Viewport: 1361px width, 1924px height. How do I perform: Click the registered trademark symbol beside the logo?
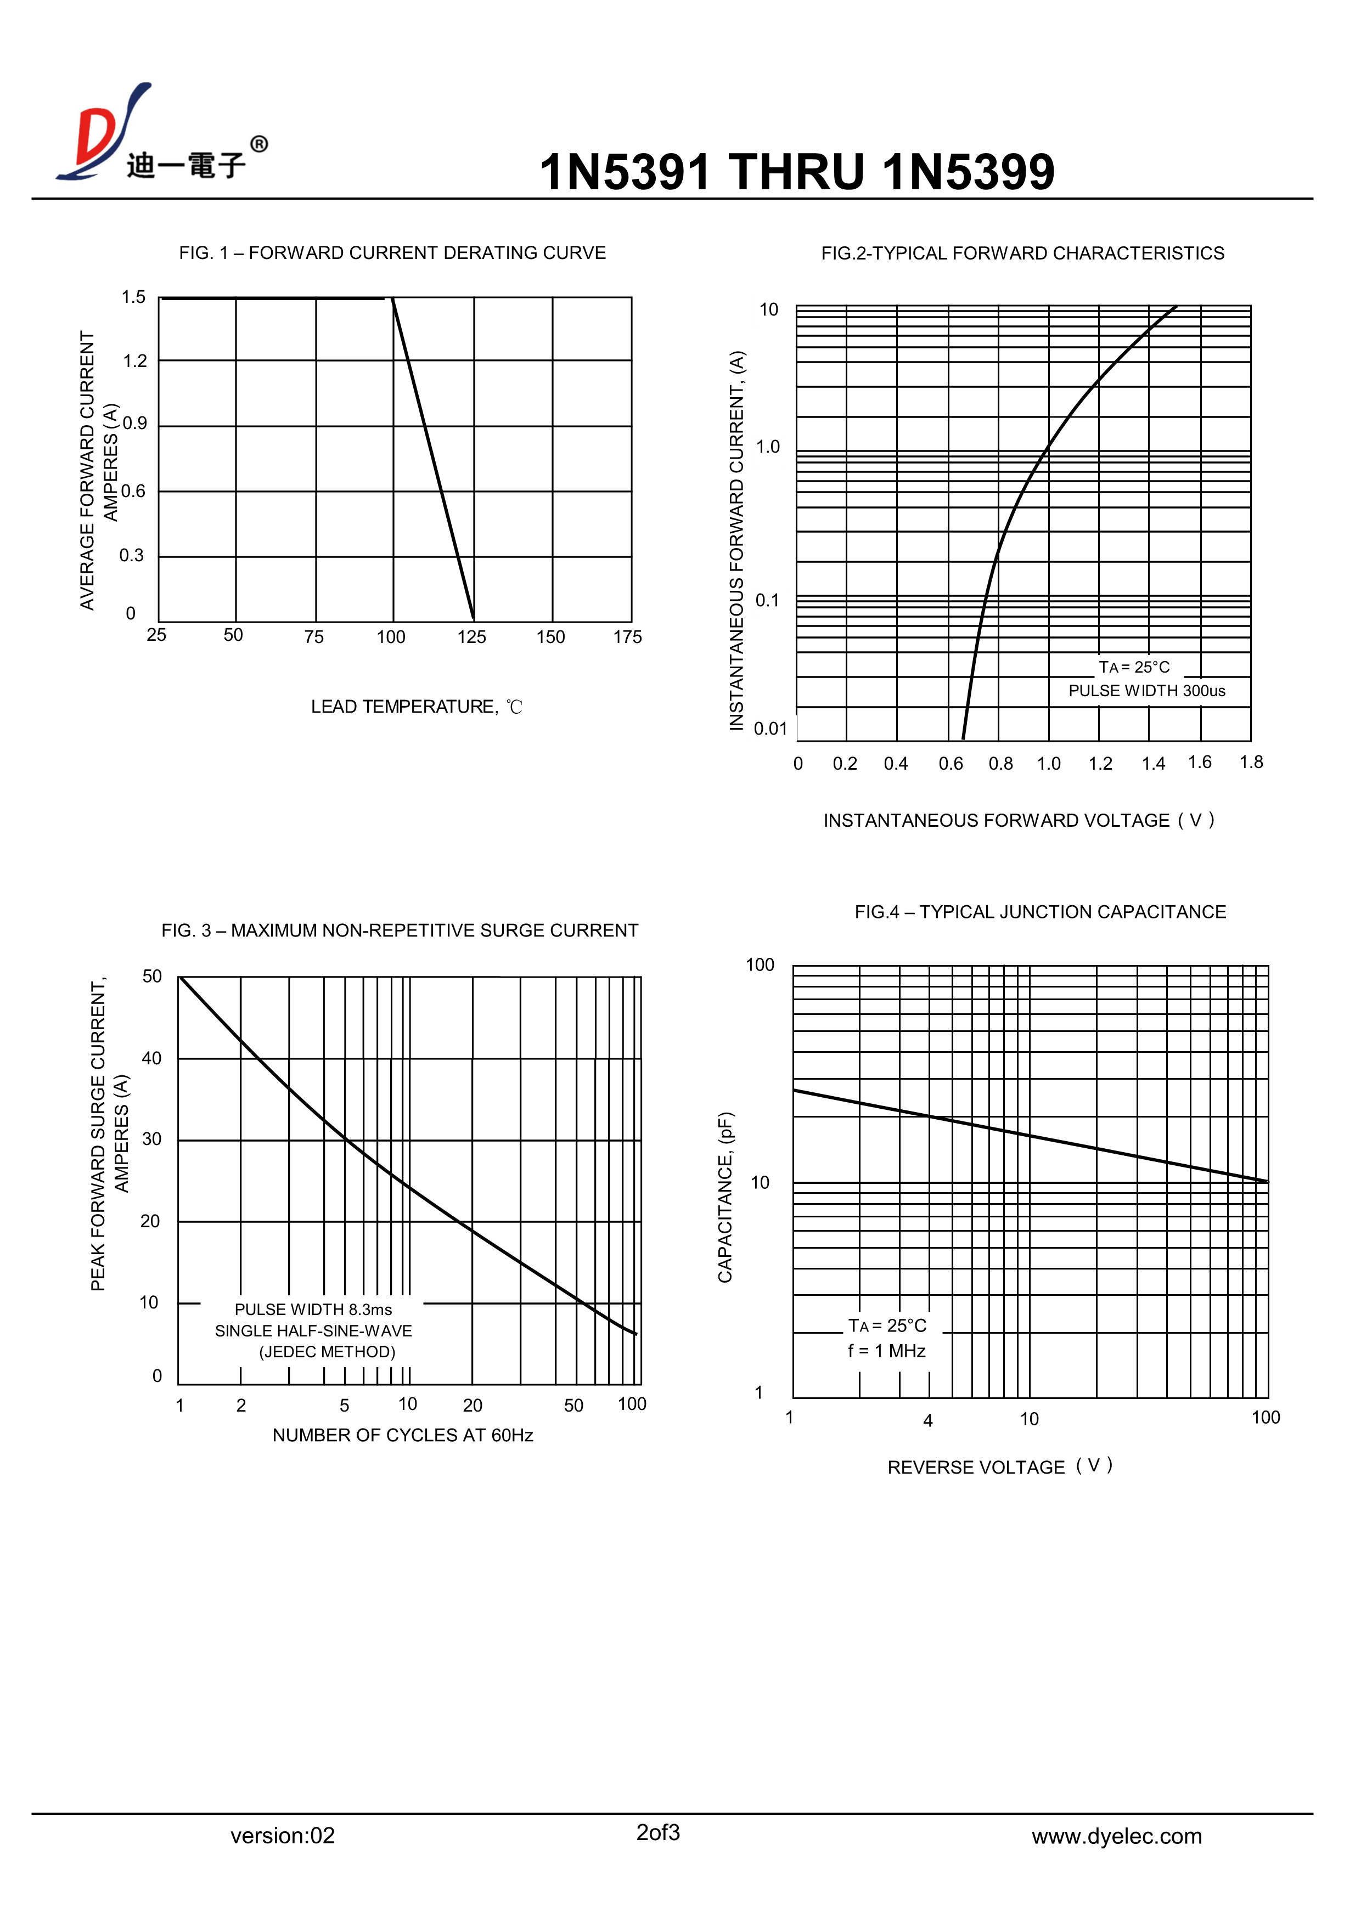coord(260,145)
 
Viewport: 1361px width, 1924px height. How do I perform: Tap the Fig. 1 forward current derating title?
coord(392,253)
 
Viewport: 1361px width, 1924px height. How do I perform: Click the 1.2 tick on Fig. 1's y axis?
coord(135,361)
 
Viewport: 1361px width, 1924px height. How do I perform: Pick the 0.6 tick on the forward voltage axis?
coord(951,764)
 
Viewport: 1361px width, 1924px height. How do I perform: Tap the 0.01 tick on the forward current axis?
coord(770,729)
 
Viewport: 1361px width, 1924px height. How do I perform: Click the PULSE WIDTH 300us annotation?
coord(1146,691)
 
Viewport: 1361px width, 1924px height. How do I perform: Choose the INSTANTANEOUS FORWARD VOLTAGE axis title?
coord(1018,821)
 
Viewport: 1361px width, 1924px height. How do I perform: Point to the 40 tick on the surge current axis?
coord(151,1058)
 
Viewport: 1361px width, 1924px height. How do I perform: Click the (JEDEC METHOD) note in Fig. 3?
coord(327,1352)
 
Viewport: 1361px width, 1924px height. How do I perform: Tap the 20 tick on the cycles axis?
coord(473,1406)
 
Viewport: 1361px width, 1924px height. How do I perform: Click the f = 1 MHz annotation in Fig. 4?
coord(886,1351)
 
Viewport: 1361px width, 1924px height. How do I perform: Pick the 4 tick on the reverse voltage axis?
coord(927,1420)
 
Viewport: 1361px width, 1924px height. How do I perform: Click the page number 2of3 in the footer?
coord(658,1833)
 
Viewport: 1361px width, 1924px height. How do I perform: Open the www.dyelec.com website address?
coord(1116,1837)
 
